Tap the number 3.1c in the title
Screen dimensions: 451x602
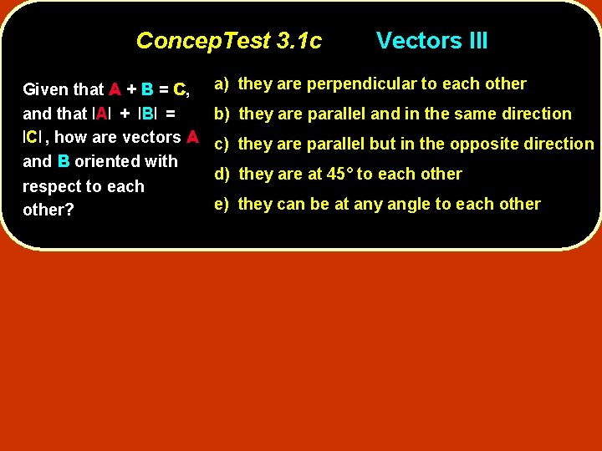pyautogui.click(x=298, y=41)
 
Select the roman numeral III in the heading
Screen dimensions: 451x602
pyautogui.click(x=474, y=41)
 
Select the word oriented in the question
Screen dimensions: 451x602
pyautogui.click(x=125, y=161)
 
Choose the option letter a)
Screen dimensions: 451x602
pyautogui.click(x=222, y=84)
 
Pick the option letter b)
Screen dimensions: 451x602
pyautogui.click(x=222, y=114)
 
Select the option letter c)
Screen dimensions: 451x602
pyautogui.click(x=222, y=144)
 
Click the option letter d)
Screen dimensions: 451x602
pyautogui.click(x=222, y=174)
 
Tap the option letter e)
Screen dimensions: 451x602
pyautogui.click(x=222, y=204)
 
